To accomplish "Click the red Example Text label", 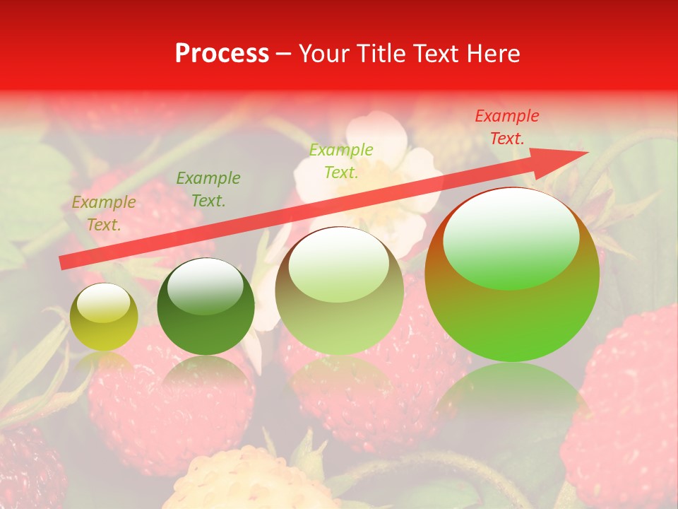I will click(x=506, y=127).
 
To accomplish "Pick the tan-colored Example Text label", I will click(x=103, y=213).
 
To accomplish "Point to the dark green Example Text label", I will click(x=208, y=189).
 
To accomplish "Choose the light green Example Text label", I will click(x=341, y=161).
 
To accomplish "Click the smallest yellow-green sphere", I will click(x=104, y=317).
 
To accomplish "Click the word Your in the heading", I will click(x=322, y=54).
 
